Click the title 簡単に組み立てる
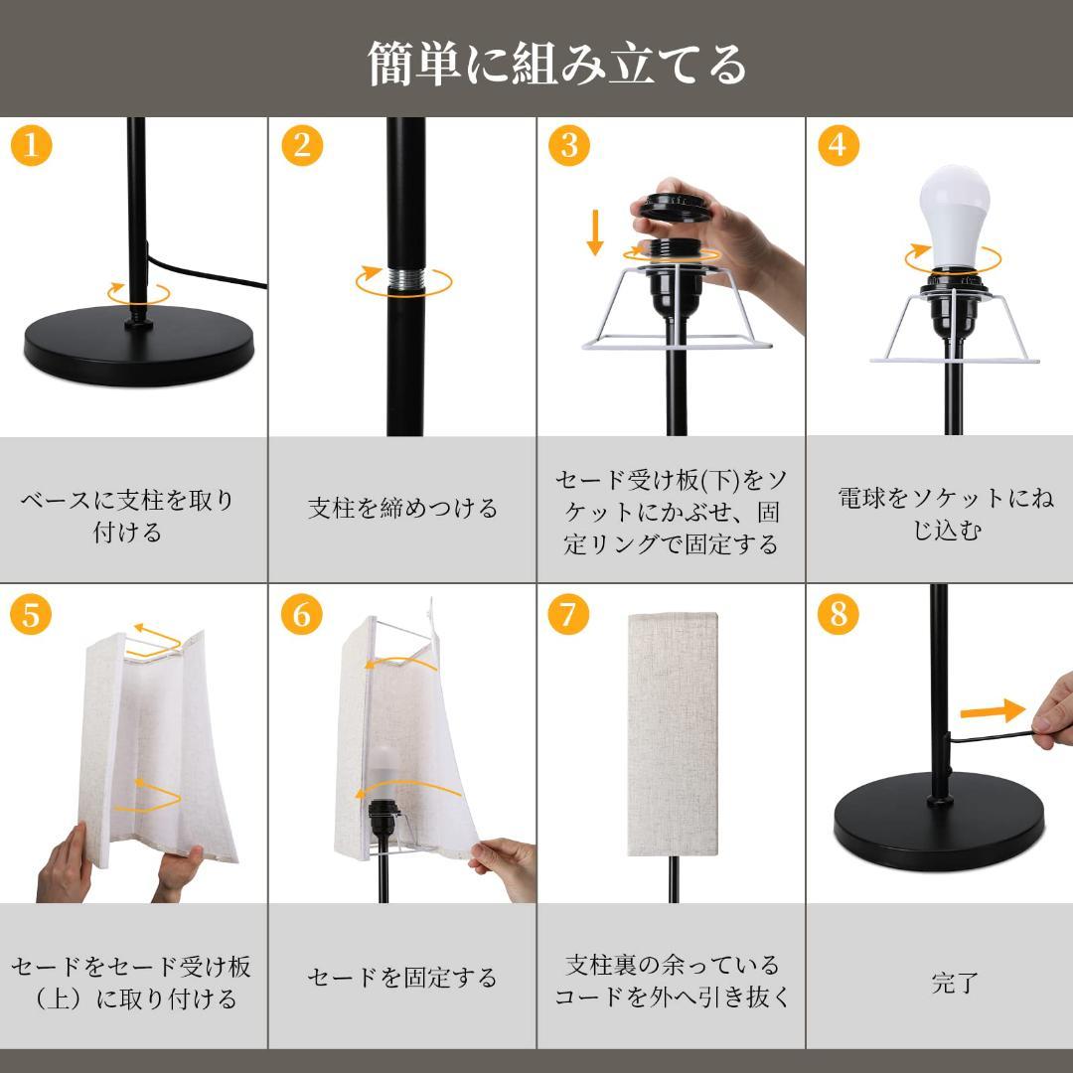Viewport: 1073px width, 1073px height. pos(556,64)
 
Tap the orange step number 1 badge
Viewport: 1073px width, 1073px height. pos(31,146)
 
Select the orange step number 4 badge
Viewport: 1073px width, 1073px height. pos(838,145)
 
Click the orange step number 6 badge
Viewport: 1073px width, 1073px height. pos(301,615)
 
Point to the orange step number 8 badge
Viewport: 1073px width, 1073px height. pos(838,614)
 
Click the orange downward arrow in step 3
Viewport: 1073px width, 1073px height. pos(595,231)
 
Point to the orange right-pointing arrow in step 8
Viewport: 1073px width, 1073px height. pos(992,710)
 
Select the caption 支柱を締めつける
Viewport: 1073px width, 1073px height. pos(402,509)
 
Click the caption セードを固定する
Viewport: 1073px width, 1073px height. pos(402,978)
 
